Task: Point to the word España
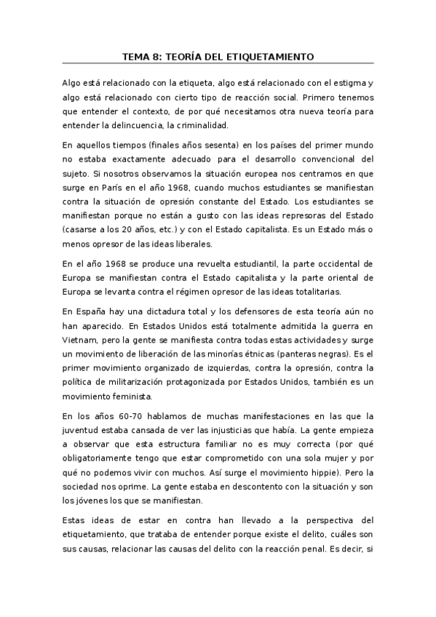(x=90, y=311)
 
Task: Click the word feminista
(x=130, y=397)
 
